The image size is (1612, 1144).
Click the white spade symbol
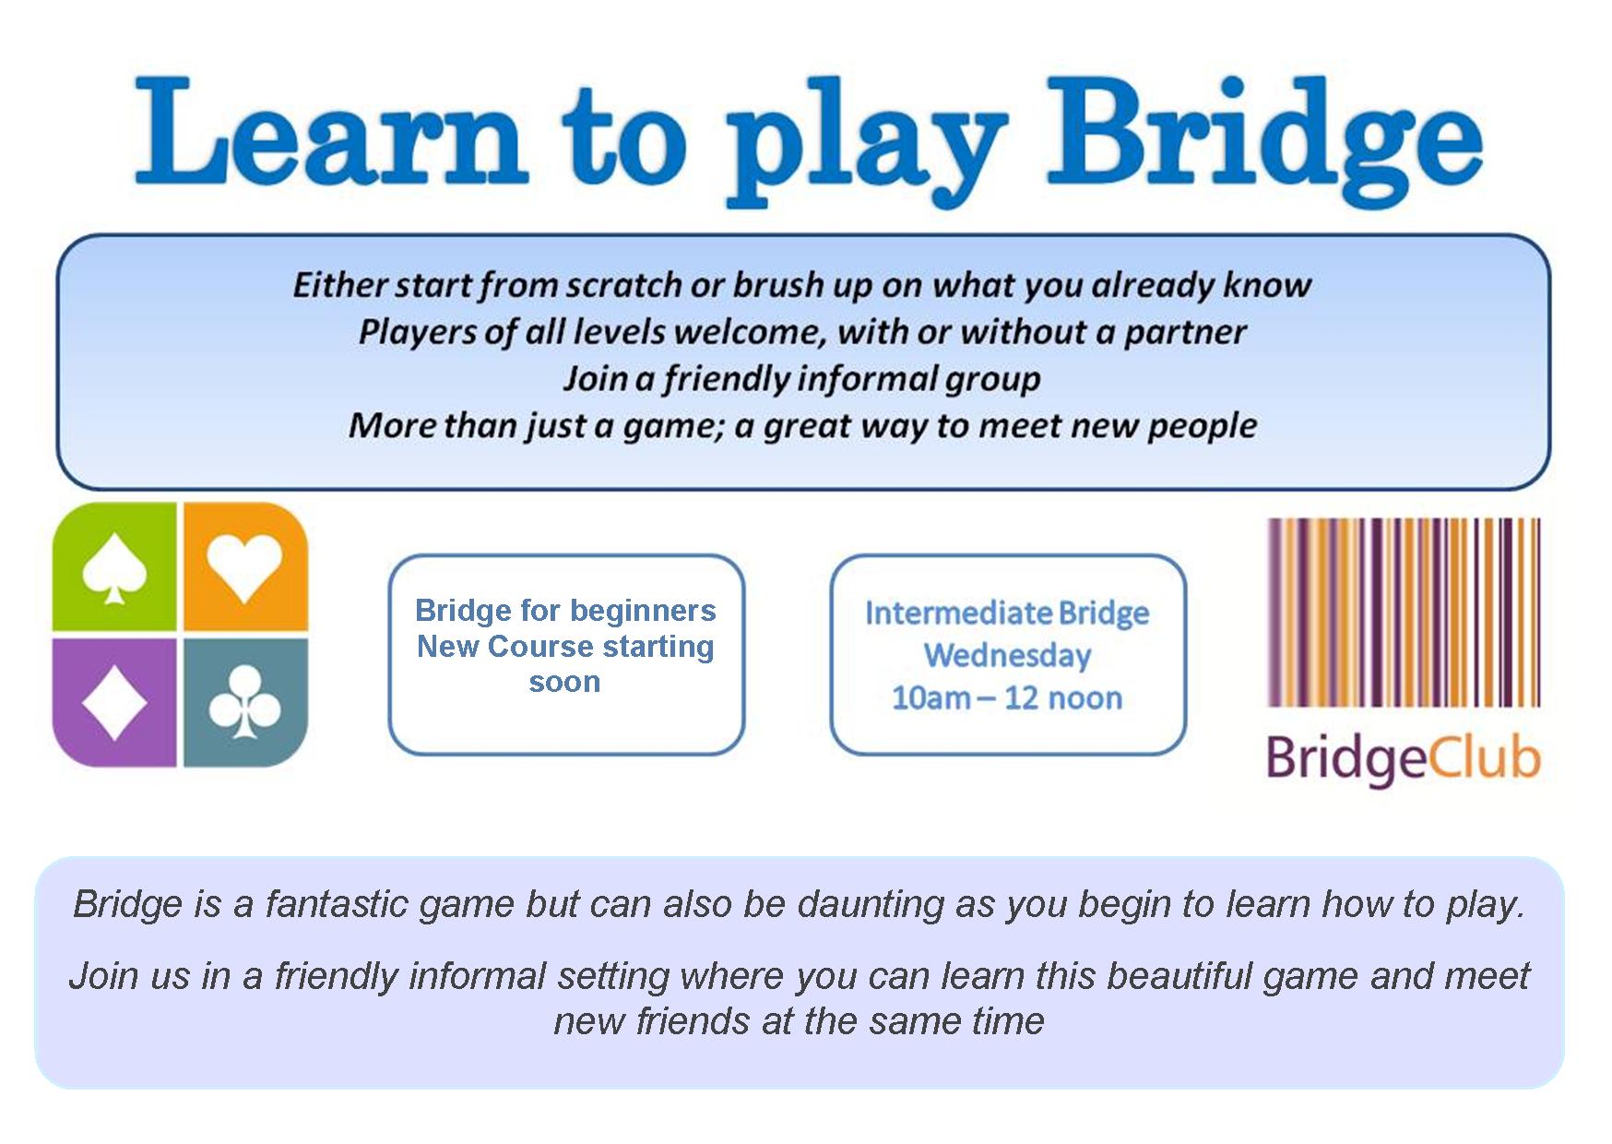point(114,570)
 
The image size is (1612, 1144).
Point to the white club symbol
point(244,703)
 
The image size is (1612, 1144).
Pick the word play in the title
point(866,143)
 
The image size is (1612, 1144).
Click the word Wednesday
point(1008,656)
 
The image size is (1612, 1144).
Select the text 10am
point(930,698)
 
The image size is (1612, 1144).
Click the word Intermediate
point(958,613)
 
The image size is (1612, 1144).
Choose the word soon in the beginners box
point(564,683)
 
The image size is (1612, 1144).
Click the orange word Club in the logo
point(1485,758)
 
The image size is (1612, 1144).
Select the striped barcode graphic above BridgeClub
point(1404,613)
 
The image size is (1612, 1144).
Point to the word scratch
point(622,285)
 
